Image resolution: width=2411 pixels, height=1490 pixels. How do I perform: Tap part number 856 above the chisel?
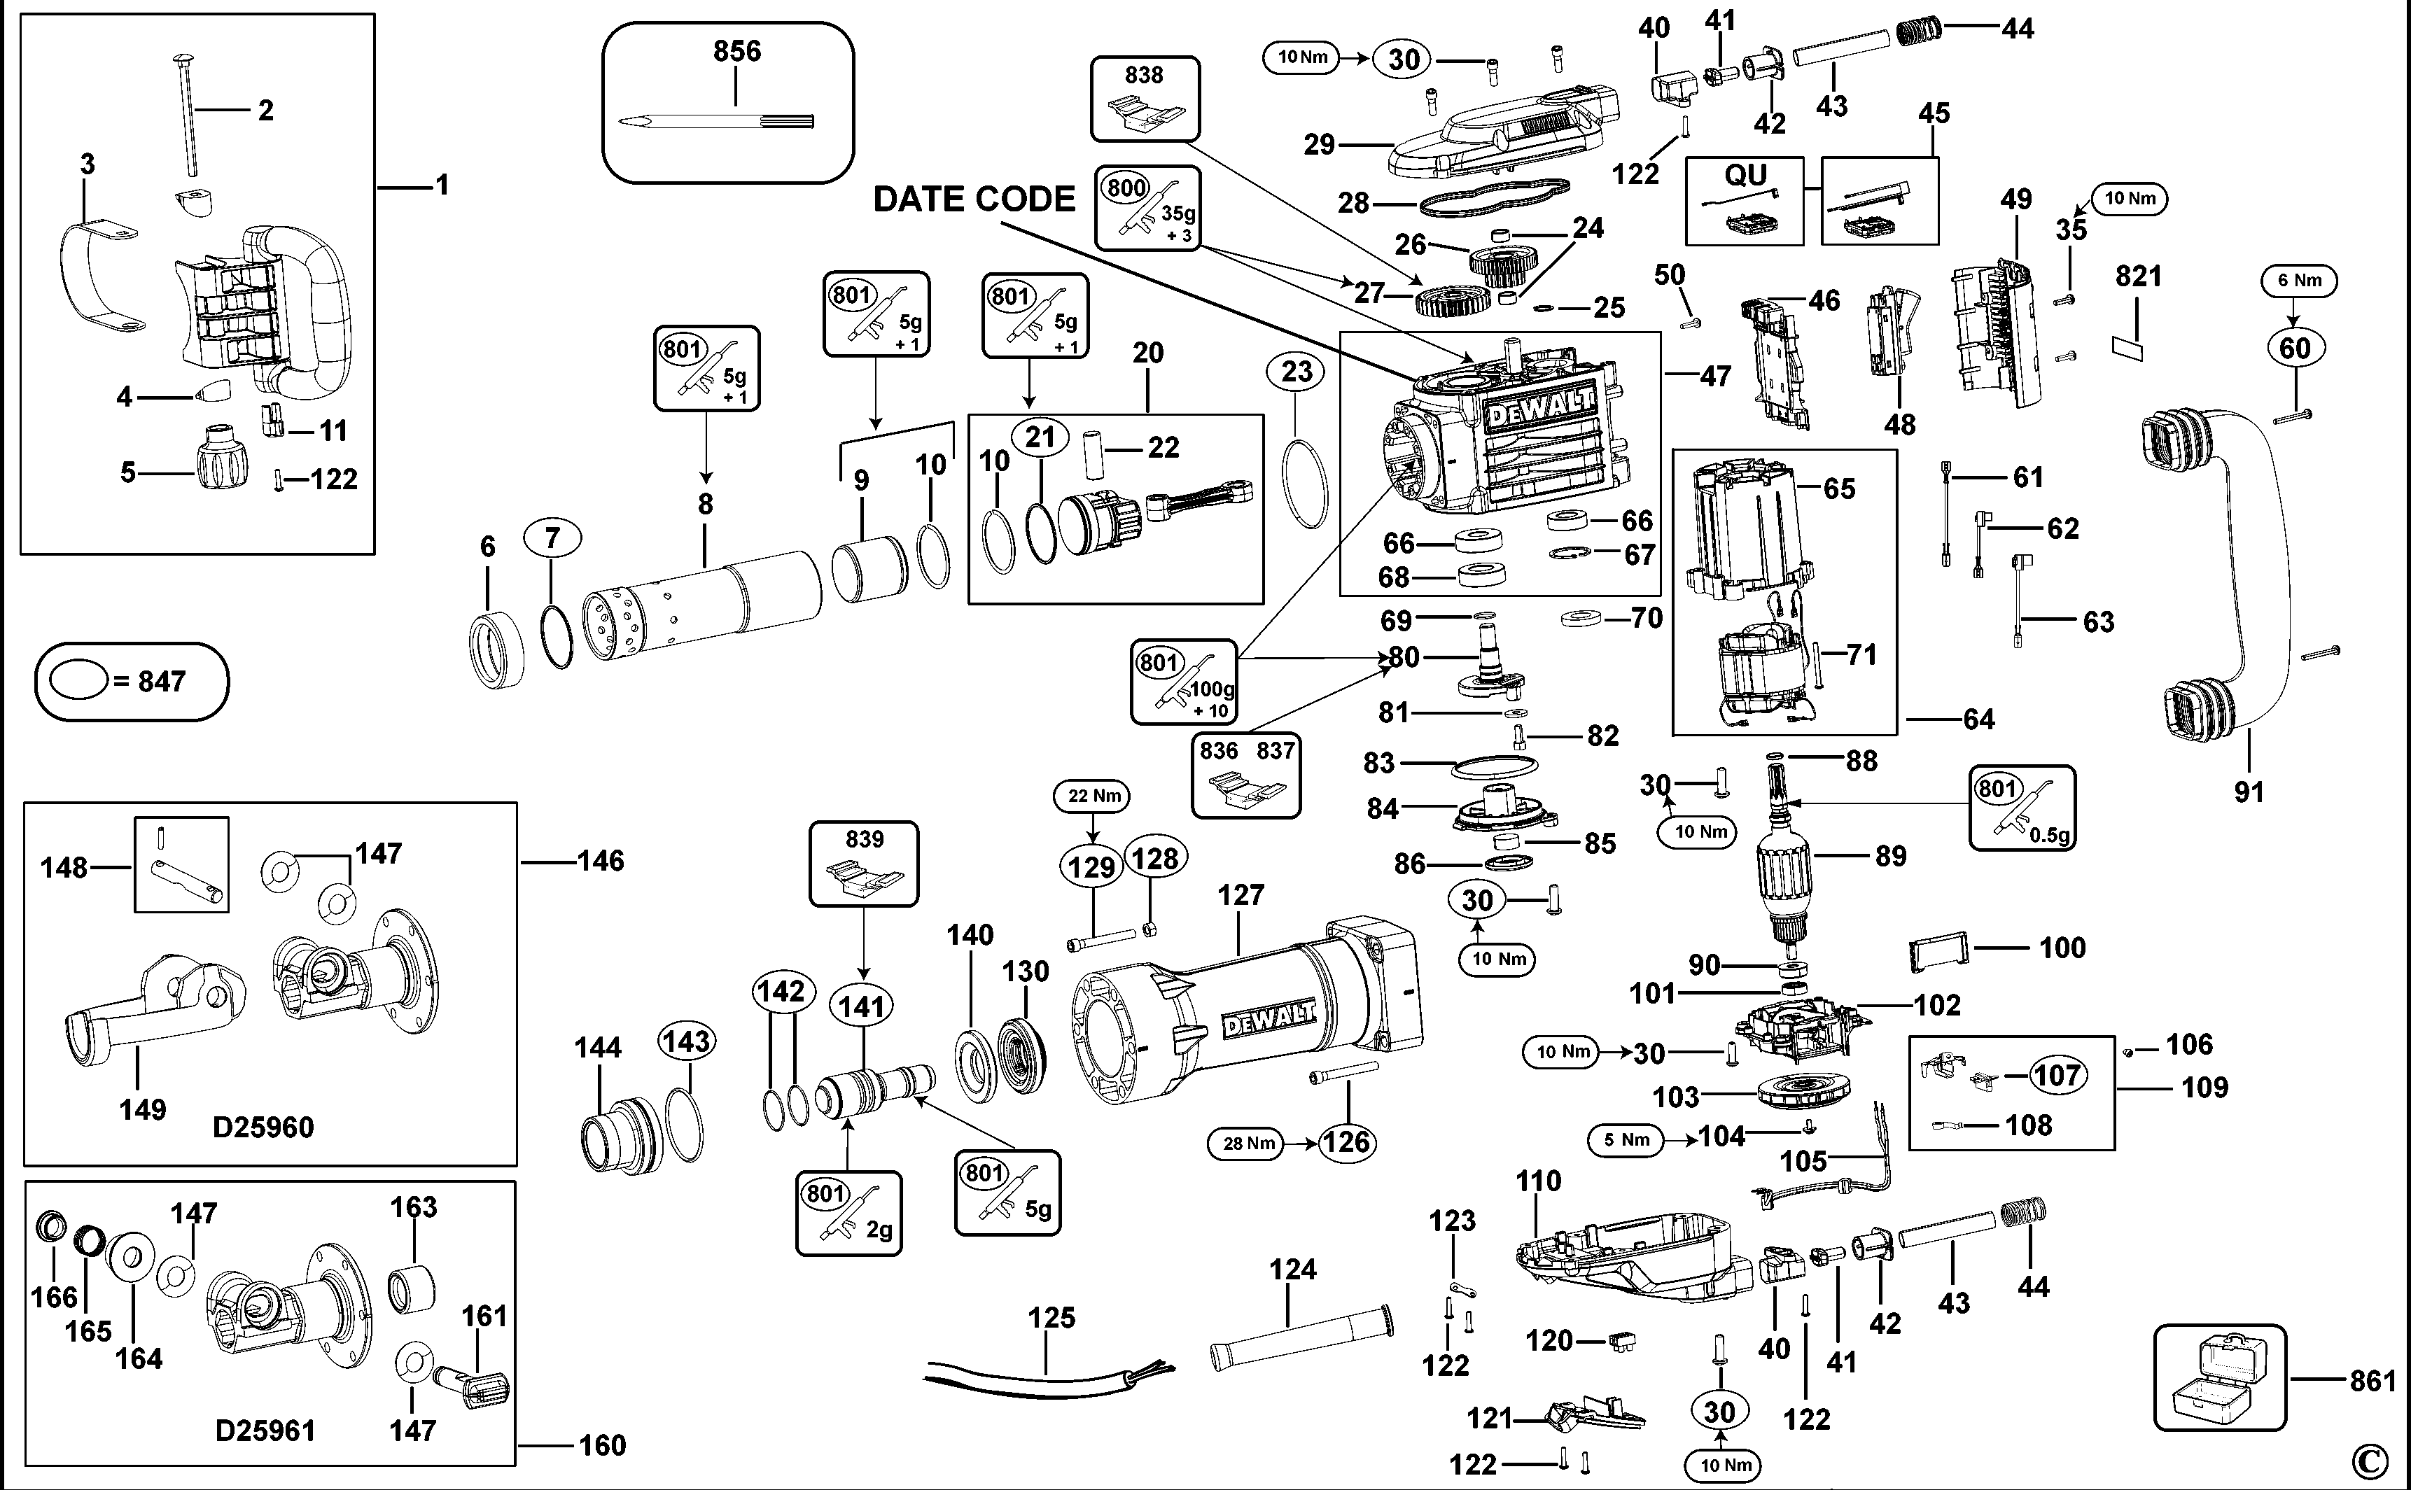[x=736, y=51]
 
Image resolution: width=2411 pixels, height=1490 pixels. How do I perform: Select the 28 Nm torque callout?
[x=1248, y=1143]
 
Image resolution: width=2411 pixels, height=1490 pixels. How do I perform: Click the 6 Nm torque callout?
[x=2298, y=281]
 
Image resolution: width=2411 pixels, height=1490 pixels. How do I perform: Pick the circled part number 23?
[x=1297, y=372]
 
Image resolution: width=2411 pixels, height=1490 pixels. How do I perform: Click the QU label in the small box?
[x=1745, y=176]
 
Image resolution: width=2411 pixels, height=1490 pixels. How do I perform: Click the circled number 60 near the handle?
[x=2295, y=348]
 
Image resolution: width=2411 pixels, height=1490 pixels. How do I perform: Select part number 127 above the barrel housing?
[x=1240, y=895]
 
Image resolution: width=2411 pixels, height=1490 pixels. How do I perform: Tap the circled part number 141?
[x=862, y=1006]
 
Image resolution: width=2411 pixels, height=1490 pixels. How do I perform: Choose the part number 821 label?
[x=2138, y=276]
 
